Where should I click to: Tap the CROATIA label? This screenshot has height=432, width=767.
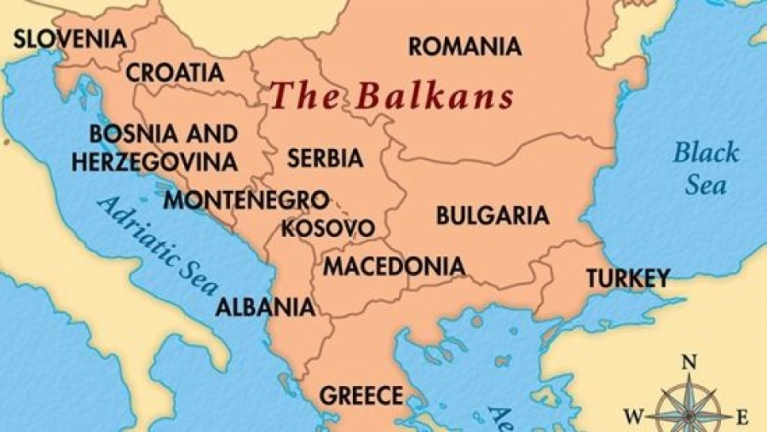(176, 72)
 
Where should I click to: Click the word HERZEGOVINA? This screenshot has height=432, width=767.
(154, 161)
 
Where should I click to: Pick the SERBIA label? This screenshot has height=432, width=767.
(325, 158)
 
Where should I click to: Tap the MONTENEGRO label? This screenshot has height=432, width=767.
(246, 200)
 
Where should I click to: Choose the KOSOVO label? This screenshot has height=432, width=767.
(327, 228)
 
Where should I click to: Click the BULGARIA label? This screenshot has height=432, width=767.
(493, 215)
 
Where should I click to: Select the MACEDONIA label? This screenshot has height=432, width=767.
(394, 266)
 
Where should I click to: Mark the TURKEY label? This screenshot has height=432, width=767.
(626, 278)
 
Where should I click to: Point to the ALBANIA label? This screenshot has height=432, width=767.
(265, 307)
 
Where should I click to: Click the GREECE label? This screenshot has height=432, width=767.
(360, 395)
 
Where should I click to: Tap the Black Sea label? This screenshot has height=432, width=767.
(706, 168)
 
